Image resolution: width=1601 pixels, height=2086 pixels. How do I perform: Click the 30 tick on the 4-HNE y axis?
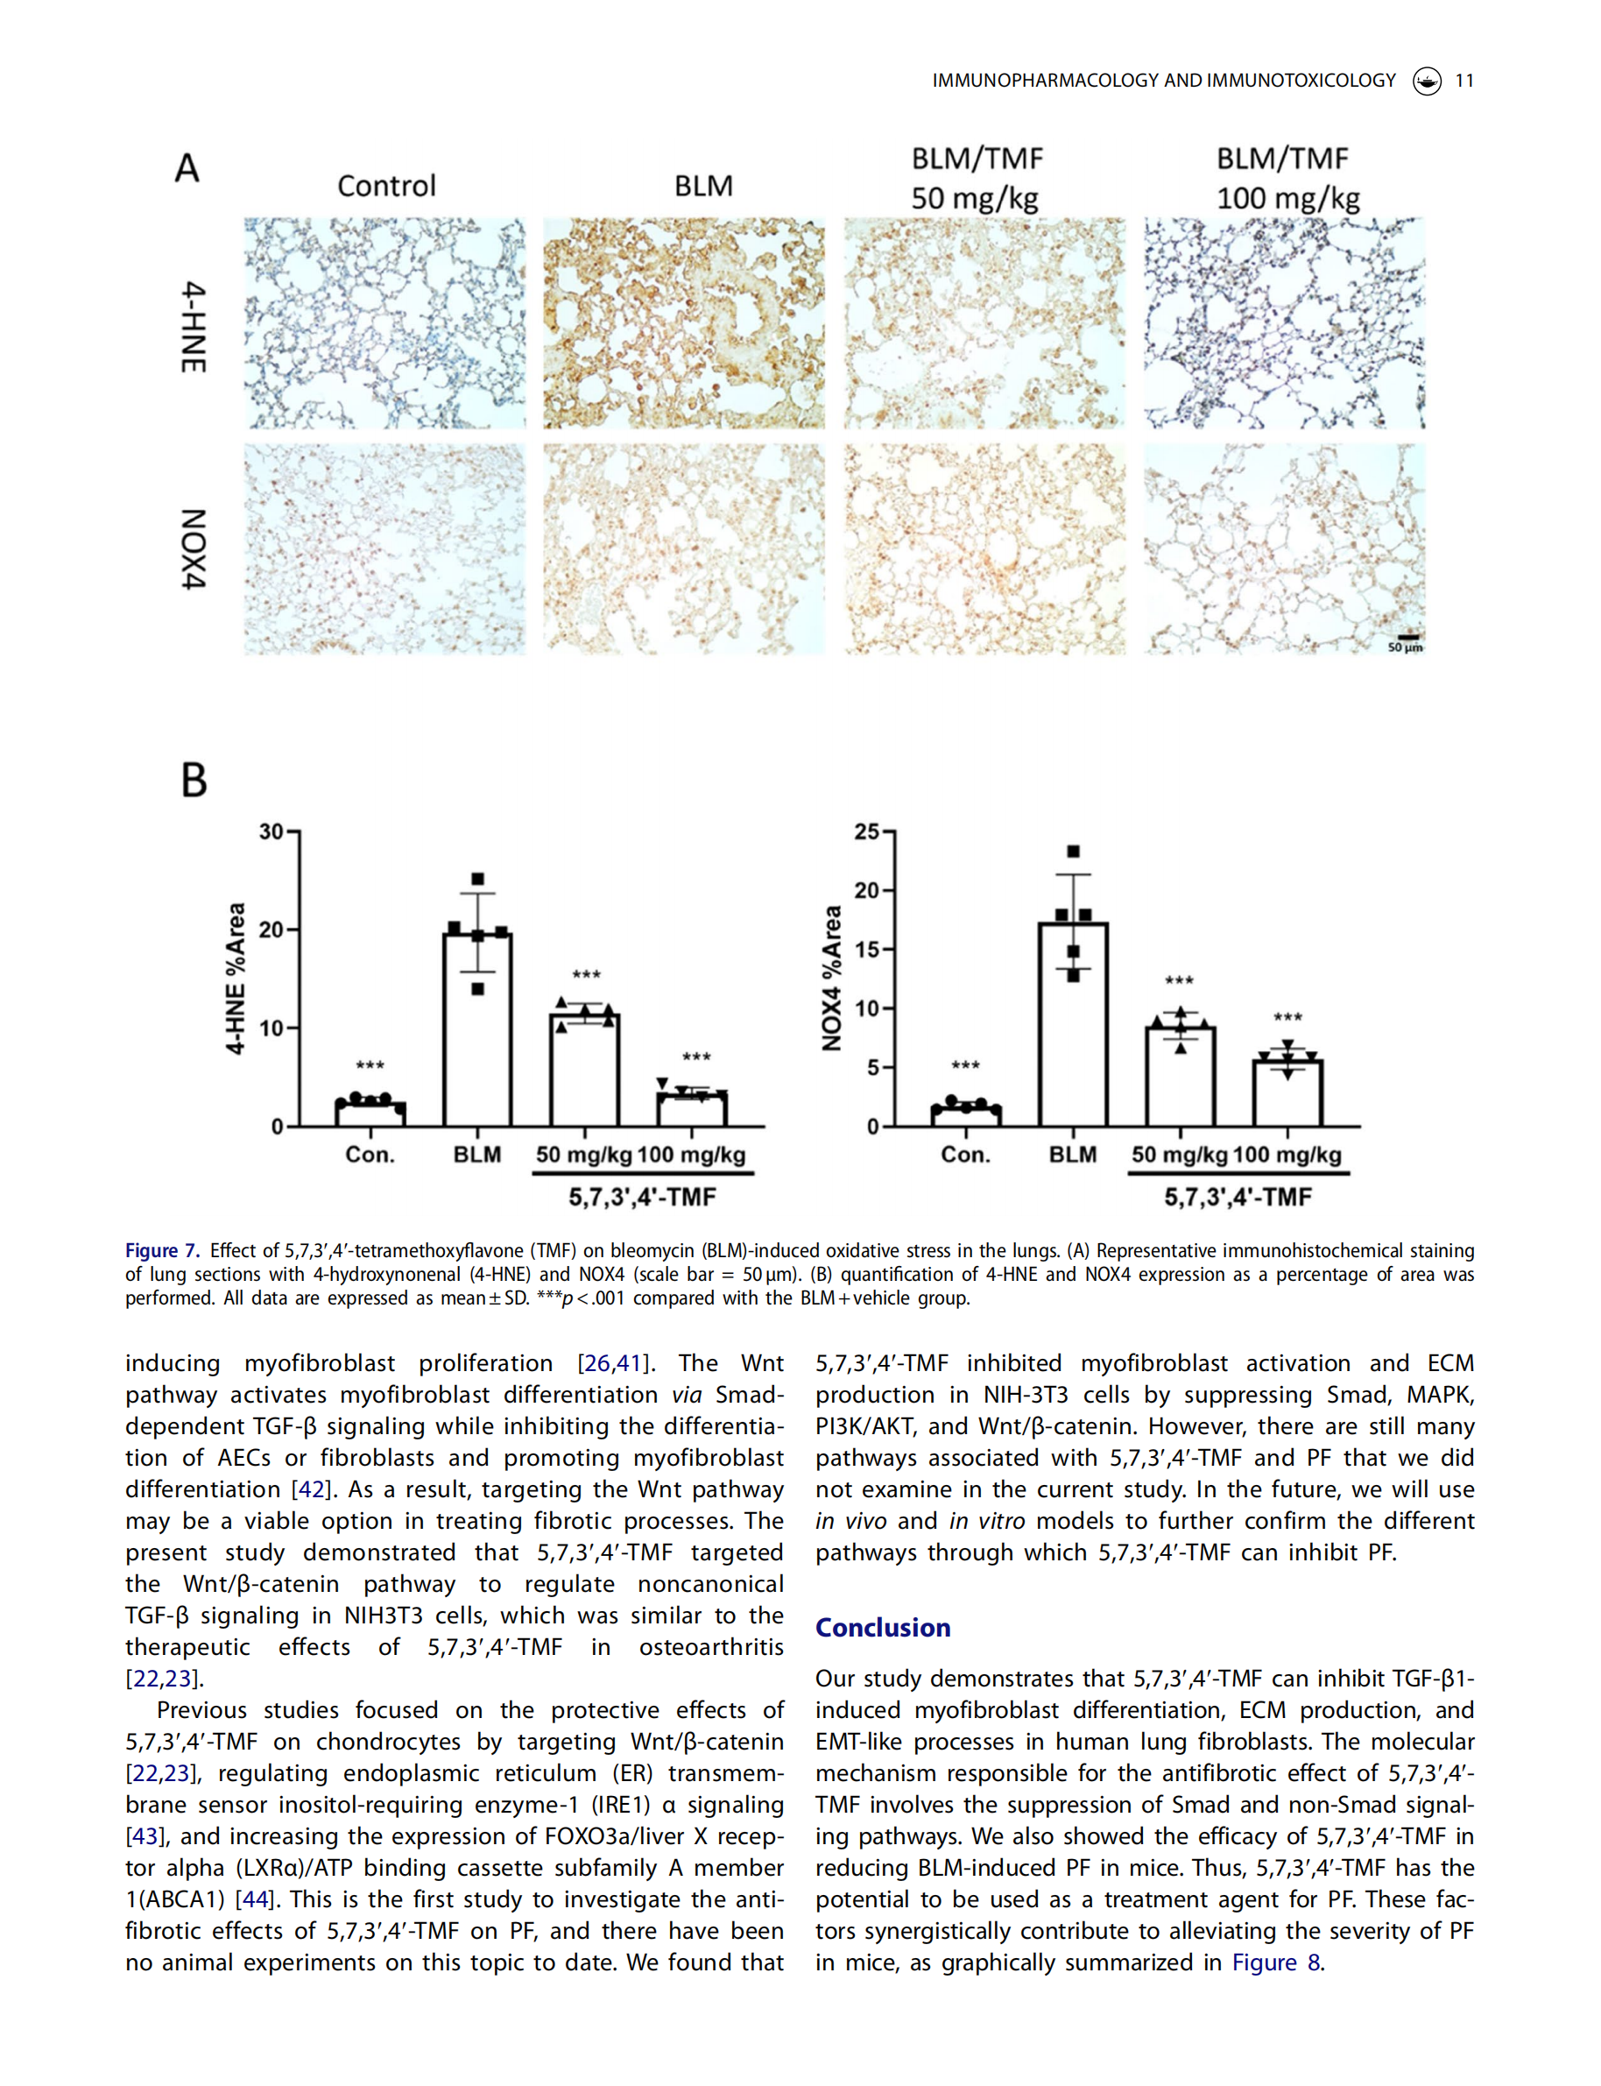click(272, 831)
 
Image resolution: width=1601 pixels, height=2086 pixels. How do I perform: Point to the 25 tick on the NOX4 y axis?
click(867, 831)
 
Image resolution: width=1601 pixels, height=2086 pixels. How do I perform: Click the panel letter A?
click(187, 169)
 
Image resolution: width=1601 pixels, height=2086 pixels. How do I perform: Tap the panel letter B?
click(194, 780)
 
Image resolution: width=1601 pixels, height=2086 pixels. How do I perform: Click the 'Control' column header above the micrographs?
click(386, 186)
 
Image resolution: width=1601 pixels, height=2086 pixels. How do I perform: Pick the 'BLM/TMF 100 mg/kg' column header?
click(1287, 178)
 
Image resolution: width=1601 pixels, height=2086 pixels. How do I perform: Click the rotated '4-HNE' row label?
click(194, 327)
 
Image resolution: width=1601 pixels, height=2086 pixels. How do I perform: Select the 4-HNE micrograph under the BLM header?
click(683, 323)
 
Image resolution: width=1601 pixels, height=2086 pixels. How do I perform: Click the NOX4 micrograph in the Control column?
click(384, 549)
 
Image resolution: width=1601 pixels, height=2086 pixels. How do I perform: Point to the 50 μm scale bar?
click(1407, 638)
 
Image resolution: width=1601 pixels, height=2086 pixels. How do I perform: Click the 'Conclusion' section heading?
click(883, 1628)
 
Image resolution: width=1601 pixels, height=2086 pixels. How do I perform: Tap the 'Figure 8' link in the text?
click(1275, 1962)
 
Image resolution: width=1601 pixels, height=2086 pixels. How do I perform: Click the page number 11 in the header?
click(1463, 81)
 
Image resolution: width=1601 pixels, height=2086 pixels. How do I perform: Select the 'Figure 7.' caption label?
click(162, 1251)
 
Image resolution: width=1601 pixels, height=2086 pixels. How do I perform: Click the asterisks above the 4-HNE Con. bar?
click(370, 1066)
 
